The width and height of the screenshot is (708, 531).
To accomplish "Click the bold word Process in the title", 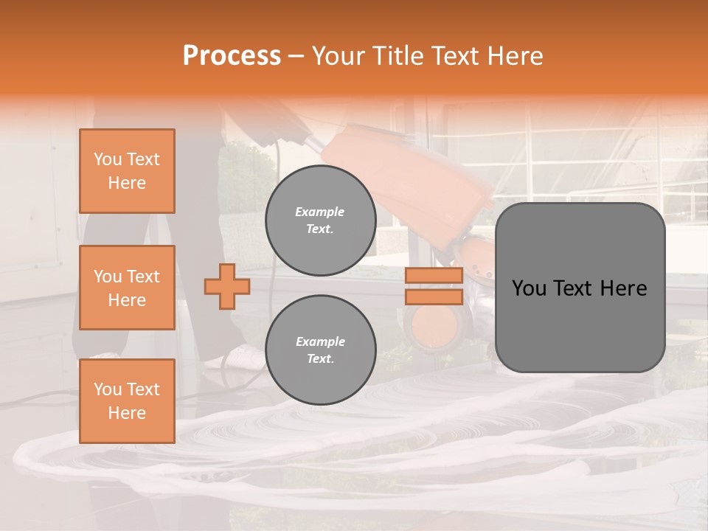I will point(232,56).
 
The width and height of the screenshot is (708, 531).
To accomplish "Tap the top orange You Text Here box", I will point(127,171).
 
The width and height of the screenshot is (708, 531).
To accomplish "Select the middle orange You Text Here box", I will point(127,288).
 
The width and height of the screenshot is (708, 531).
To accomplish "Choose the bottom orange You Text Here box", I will point(127,400).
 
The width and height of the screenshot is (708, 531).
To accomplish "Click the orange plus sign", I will point(226,286).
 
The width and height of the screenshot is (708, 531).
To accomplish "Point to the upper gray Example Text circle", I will point(320,221).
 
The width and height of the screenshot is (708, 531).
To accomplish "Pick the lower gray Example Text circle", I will point(320,350).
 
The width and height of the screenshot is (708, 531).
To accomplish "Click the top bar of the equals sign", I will point(434,276).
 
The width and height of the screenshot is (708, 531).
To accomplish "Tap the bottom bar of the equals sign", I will point(434,296).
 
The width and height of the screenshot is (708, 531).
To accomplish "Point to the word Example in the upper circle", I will point(320,212).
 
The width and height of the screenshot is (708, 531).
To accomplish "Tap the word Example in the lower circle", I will point(320,341).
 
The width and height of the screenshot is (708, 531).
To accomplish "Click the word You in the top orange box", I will point(108,159).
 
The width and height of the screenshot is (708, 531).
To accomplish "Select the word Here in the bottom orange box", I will point(127,413).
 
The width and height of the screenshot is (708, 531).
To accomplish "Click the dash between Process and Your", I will point(296,57).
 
